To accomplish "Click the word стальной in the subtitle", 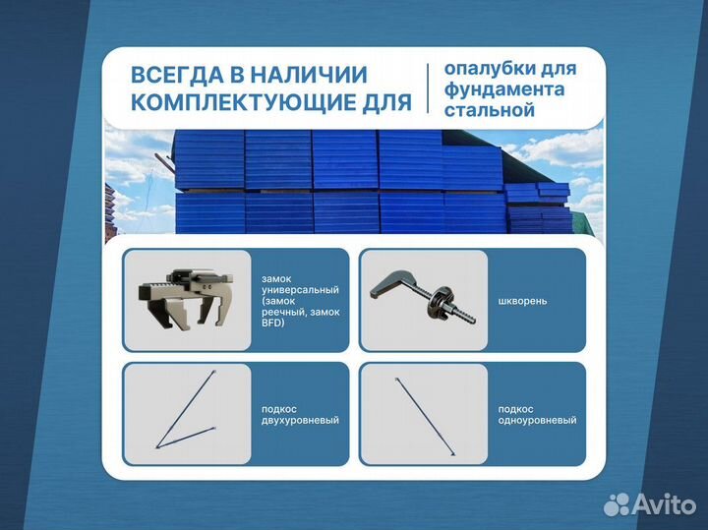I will [489, 109].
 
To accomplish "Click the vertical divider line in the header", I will [428, 88].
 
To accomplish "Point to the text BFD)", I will [273, 324].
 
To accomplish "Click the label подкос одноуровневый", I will [537, 414].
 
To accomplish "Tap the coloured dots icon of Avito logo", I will [617, 504].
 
